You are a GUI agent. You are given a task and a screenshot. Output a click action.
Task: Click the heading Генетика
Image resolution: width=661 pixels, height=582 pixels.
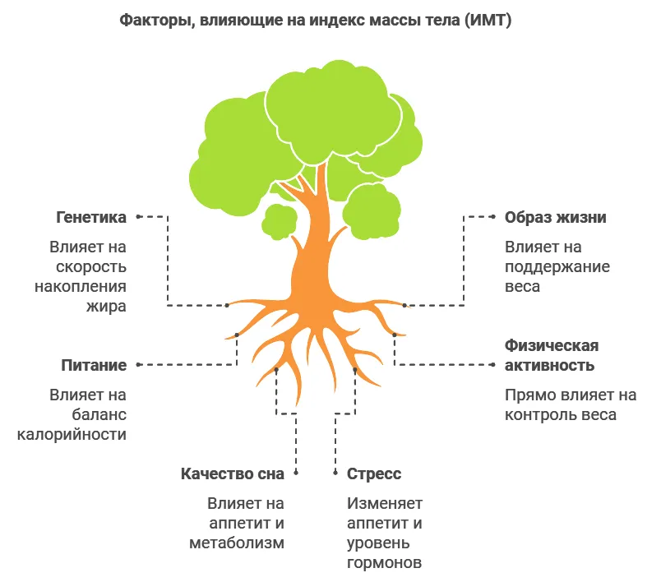click(91, 218)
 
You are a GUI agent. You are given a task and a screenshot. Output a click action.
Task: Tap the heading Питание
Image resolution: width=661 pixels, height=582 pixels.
click(94, 365)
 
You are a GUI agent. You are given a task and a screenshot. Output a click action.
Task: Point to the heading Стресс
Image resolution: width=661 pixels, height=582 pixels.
click(374, 474)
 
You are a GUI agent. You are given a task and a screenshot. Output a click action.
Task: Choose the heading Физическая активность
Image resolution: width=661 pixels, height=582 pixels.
click(552, 355)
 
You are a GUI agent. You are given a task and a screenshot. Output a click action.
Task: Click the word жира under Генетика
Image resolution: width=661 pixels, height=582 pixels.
click(109, 307)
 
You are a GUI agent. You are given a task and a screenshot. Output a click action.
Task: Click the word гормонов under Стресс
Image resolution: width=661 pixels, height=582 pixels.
click(384, 563)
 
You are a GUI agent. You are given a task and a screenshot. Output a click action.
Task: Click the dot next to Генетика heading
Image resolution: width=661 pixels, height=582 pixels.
click(138, 216)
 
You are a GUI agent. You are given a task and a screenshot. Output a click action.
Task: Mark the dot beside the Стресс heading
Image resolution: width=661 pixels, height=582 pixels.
click(336, 473)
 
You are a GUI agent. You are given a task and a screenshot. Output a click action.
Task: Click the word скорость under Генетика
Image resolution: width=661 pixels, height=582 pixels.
click(91, 266)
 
